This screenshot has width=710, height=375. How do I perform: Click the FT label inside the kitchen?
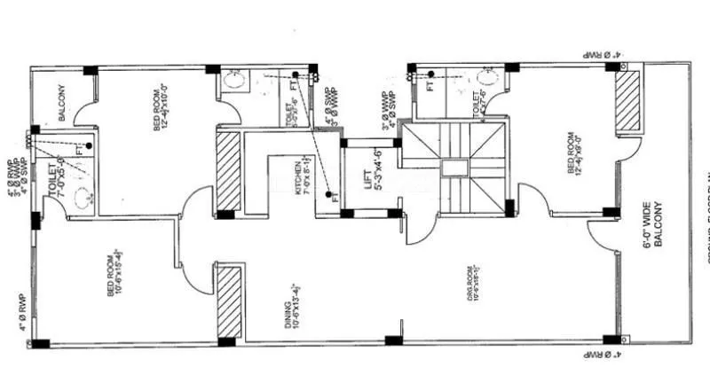[x=335, y=198]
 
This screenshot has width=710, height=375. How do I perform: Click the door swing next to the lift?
[x=417, y=226]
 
